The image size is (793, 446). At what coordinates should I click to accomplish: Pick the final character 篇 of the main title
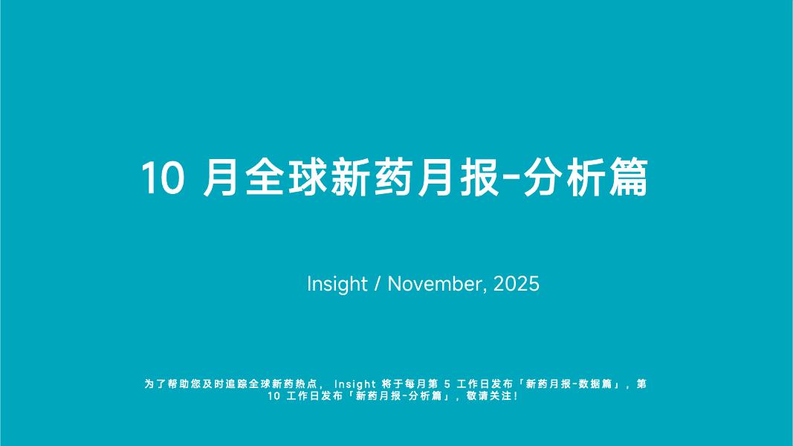[628, 179]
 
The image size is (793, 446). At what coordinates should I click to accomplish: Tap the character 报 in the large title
[479, 179]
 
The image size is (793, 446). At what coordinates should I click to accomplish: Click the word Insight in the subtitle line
[337, 284]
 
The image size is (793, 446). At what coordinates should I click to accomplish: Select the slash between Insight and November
[378, 284]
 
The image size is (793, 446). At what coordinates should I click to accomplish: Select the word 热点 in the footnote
[308, 384]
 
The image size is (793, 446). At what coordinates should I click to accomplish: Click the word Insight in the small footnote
[355, 384]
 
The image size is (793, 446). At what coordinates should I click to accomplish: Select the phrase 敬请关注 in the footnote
[488, 396]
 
